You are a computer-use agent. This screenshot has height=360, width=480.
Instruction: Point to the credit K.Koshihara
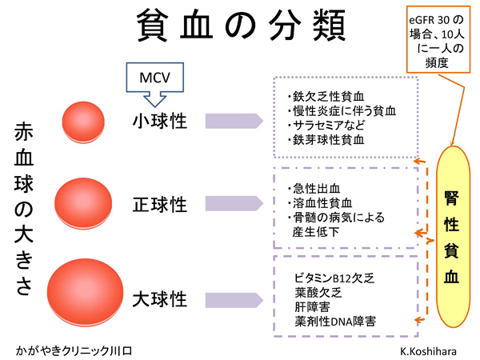[430, 350]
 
